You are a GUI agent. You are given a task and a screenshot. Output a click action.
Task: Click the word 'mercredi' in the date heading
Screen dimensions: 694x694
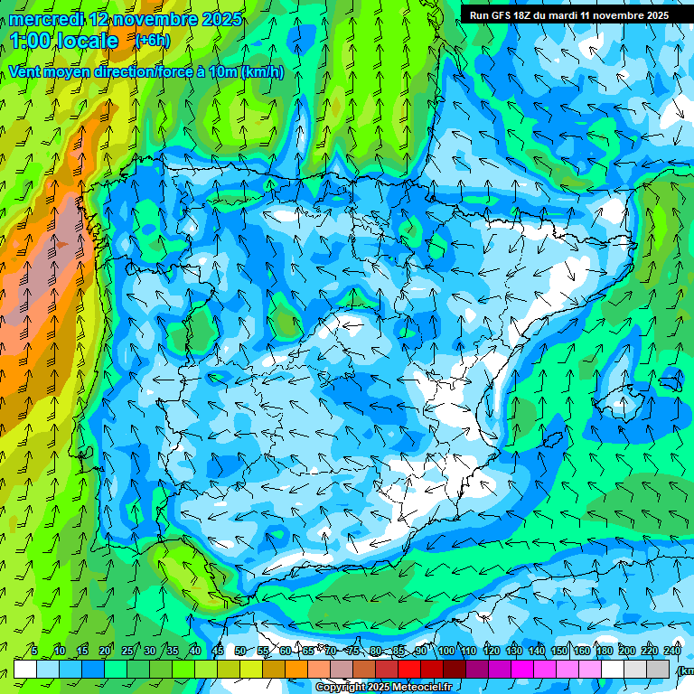tap(46, 19)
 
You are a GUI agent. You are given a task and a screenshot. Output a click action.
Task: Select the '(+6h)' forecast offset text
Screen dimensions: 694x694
tap(152, 41)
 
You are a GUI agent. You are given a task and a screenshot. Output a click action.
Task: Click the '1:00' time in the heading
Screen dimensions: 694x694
tap(31, 41)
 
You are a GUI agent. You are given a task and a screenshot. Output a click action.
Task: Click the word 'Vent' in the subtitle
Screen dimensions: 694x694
tap(26, 71)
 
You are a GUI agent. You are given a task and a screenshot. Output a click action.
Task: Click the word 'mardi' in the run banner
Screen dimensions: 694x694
tap(567, 15)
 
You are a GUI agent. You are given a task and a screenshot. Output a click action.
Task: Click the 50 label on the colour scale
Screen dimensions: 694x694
tap(239, 651)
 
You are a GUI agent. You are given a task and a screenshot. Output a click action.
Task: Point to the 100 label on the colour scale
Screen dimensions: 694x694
tap(445, 651)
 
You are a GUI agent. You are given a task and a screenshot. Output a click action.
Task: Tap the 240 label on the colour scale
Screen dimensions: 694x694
tap(671, 651)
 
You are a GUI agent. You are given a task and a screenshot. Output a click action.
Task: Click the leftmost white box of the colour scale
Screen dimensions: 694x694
tap(25, 668)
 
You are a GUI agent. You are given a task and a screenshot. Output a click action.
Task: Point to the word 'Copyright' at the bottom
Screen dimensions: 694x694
tap(341, 688)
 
